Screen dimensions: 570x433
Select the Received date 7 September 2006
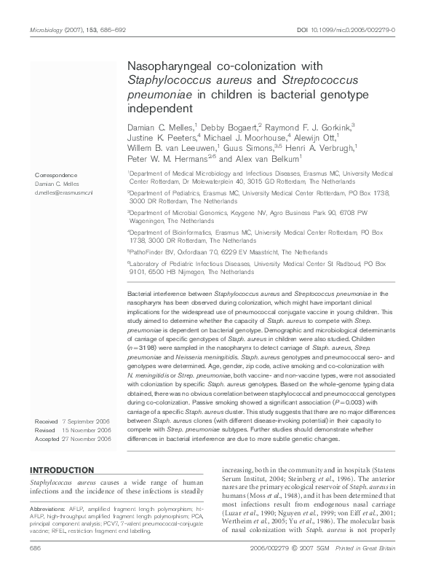coord(72,422)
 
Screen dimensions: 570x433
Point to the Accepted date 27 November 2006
coord(73,440)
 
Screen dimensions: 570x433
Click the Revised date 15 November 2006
coord(73,431)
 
